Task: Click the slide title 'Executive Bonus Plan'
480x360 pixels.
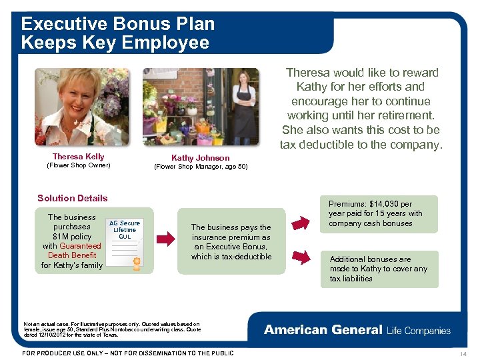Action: pyautogui.click(x=118, y=24)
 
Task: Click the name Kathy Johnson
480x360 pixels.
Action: pyautogui.click(x=200, y=158)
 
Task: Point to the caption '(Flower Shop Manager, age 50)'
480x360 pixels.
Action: pyautogui.click(x=200, y=167)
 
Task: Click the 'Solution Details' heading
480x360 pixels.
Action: pyautogui.click(x=72, y=198)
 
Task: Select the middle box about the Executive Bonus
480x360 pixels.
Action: pyautogui.click(x=231, y=242)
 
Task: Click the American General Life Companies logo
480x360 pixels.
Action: pyautogui.click(x=357, y=330)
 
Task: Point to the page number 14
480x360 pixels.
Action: pyautogui.click(x=464, y=353)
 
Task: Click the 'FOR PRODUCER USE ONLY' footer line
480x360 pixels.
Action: pyautogui.click(x=128, y=353)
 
